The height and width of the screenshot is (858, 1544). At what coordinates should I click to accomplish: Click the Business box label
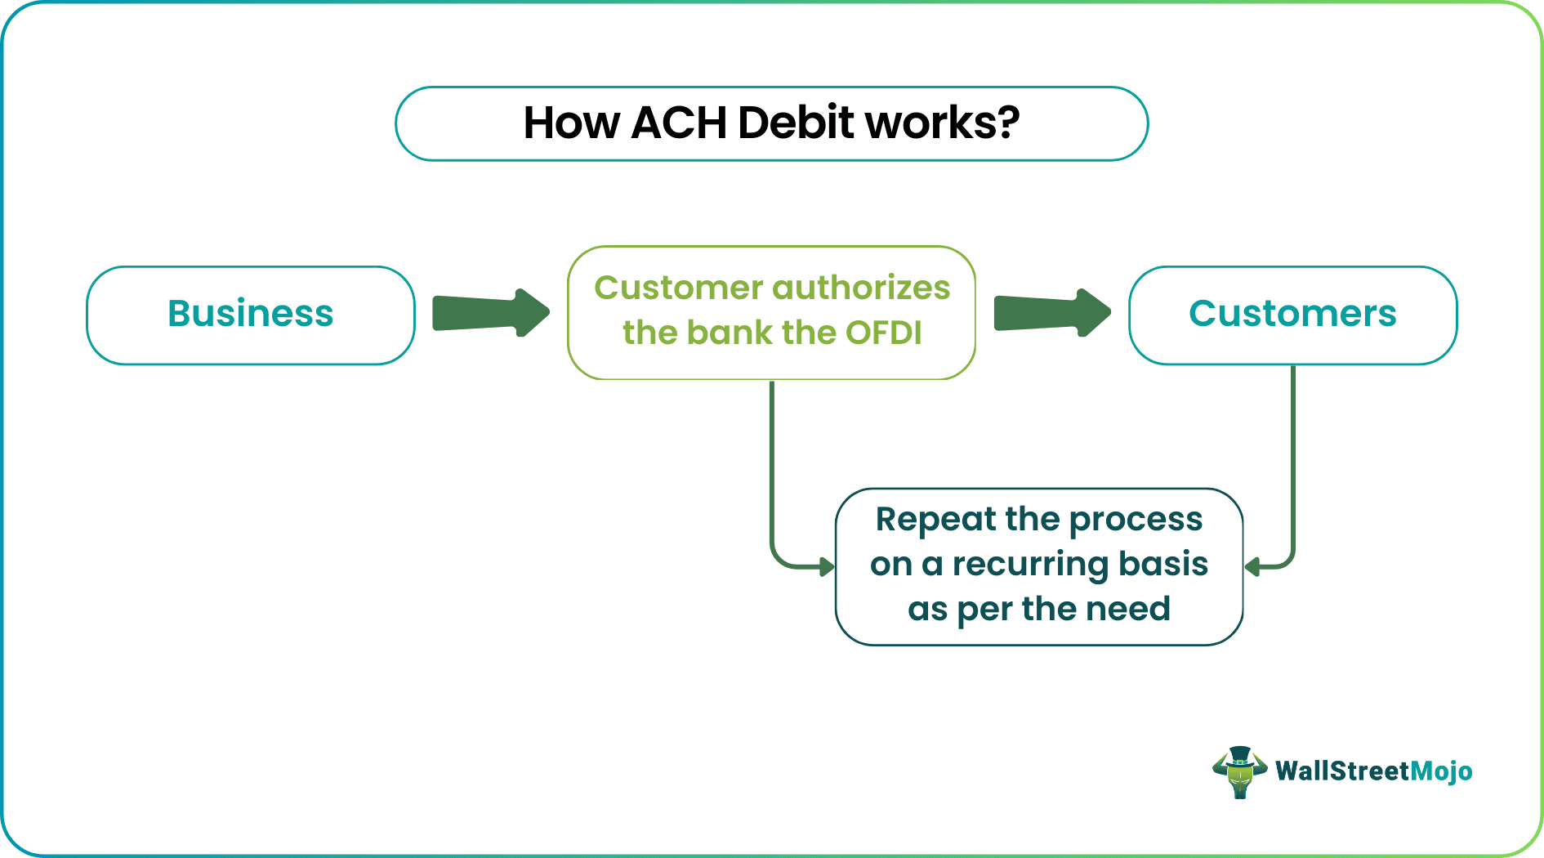coord(251,314)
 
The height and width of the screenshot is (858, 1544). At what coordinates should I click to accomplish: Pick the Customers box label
coord(1292,314)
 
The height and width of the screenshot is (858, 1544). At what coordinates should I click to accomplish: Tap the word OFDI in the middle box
coord(883,333)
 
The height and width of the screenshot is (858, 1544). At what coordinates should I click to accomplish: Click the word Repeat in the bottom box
coord(935,520)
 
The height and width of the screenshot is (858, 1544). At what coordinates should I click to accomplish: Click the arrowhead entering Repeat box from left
coord(827,565)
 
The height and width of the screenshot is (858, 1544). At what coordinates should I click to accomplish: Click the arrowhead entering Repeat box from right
coord(1252,565)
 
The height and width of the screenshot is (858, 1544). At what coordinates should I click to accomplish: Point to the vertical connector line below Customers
coord(1293,458)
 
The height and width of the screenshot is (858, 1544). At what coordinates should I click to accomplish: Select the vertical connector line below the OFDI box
coord(772,466)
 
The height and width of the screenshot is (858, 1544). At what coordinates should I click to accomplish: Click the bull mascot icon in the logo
coord(1239,771)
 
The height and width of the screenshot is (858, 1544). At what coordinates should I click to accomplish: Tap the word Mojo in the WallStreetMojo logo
coord(1441,771)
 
